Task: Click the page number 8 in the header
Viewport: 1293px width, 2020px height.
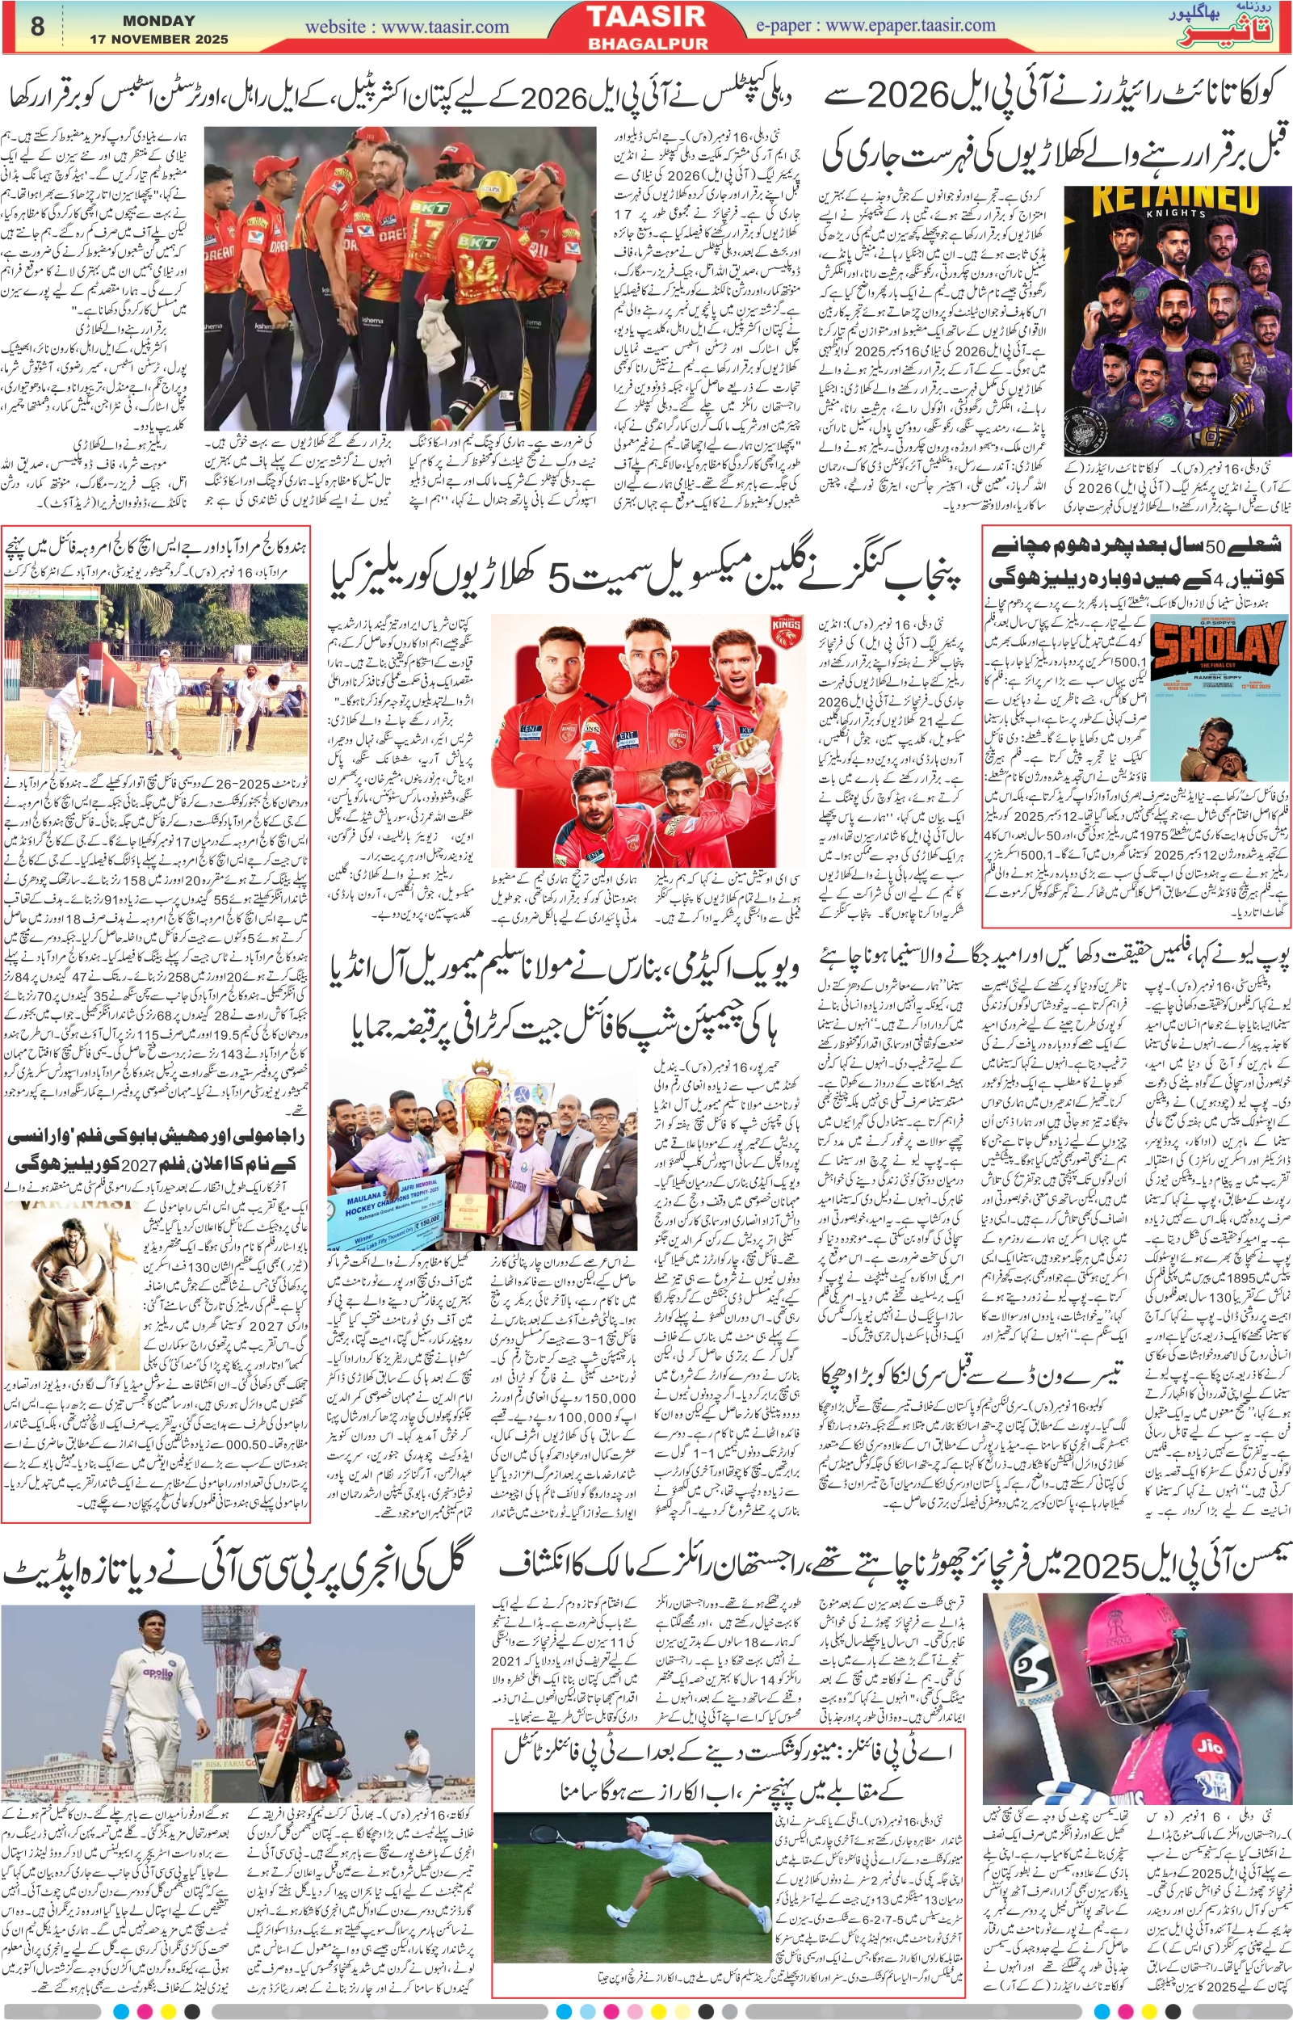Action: coord(37,26)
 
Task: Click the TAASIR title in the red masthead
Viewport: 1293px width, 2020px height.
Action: coord(646,18)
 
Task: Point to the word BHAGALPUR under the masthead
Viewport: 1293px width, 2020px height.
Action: coord(646,43)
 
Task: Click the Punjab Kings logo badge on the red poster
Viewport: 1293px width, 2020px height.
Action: coord(787,629)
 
